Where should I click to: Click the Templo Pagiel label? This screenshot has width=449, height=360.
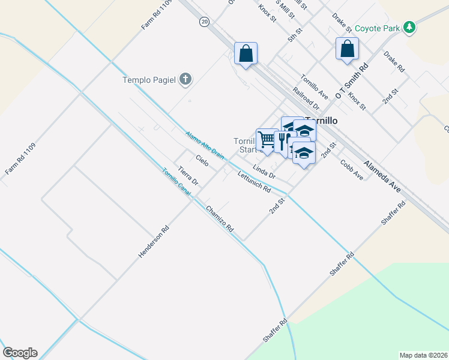coord(152,79)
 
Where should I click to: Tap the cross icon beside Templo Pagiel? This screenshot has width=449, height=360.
coord(185,79)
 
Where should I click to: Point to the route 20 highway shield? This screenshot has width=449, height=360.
coord(205,22)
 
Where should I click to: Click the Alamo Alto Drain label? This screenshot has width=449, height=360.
coord(204,145)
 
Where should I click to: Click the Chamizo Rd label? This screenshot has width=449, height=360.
coord(219,220)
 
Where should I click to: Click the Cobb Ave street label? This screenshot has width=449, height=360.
coord(351,169)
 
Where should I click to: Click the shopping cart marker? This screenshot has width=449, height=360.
coord(267,140)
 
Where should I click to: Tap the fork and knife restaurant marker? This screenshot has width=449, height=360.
coord(282,142)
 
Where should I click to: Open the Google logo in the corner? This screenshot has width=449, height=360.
coord(20,353)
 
